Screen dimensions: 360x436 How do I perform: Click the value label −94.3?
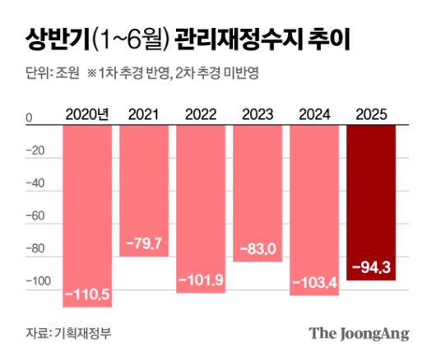[372, 267]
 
